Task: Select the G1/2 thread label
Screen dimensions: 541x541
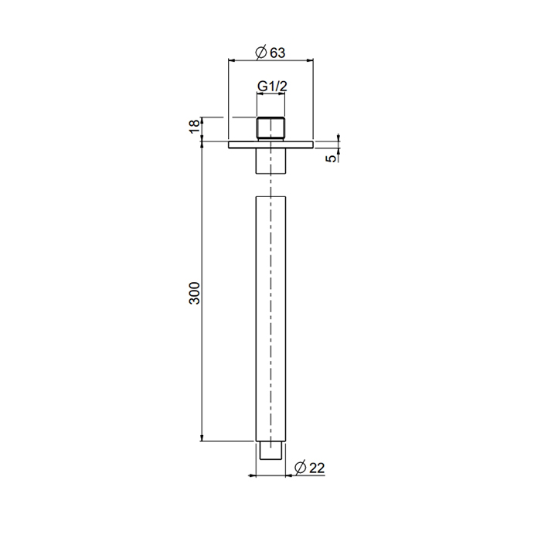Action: click(272, 87)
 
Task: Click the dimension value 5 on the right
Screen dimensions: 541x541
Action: click(332, 158)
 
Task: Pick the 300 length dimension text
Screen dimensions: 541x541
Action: click(195, 292)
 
